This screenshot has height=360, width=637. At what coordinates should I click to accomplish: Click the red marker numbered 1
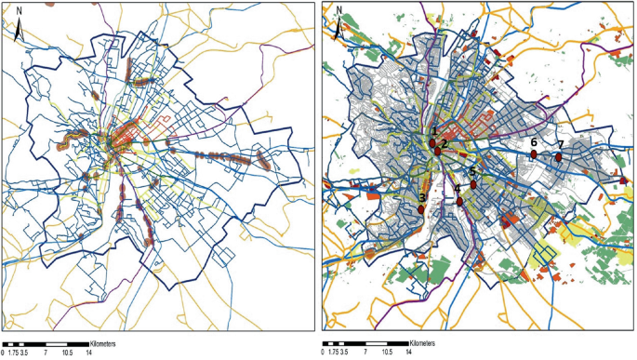(x=433, y=142)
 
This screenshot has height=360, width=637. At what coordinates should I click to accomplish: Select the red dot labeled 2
(x=438, y=151)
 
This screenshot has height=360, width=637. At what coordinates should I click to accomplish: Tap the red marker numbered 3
(x=422, y=209)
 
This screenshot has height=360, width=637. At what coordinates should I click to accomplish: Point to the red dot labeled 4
(x=459, y=201)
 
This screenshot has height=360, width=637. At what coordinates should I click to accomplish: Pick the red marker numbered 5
(x=473, y=184)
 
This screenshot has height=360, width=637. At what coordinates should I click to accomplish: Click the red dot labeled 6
(x=535, y=154)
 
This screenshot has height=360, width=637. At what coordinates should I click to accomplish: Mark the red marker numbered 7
(x=558, y=157)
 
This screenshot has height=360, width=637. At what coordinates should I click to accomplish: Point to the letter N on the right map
(x=339, y=12)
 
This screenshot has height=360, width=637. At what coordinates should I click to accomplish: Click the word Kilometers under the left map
(x=110, y=342)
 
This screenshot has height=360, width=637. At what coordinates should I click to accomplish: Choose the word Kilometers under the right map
(x=430, y=342)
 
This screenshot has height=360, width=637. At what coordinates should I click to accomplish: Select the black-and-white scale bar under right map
(x=366, y=342)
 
